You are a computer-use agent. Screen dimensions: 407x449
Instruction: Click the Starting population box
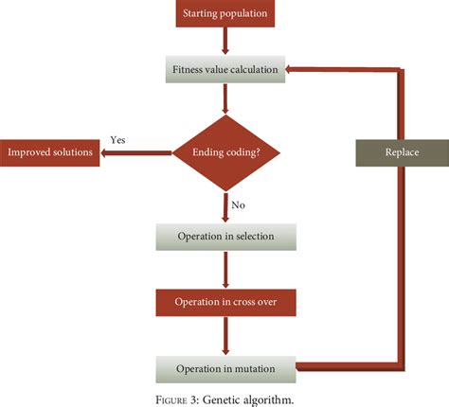[224, 13]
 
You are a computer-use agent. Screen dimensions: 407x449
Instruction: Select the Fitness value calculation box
[224, 69]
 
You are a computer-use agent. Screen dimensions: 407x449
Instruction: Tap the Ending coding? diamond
[224, 152]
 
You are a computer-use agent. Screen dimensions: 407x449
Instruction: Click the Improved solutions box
[51, 152]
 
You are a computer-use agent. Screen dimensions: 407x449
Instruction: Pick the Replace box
[401, 152]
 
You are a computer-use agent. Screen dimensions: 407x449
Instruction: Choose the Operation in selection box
[224, 236]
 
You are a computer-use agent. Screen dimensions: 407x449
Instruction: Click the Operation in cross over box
[224, 302]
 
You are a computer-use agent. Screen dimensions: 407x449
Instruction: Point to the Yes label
[117, 139]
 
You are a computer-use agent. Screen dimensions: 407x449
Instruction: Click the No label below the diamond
[239, 203]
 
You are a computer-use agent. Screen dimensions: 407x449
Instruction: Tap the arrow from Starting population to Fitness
[224, 41]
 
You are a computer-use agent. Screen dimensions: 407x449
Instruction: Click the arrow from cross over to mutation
[224, 334]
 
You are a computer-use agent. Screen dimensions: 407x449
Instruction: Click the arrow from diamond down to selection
[224, 206]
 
